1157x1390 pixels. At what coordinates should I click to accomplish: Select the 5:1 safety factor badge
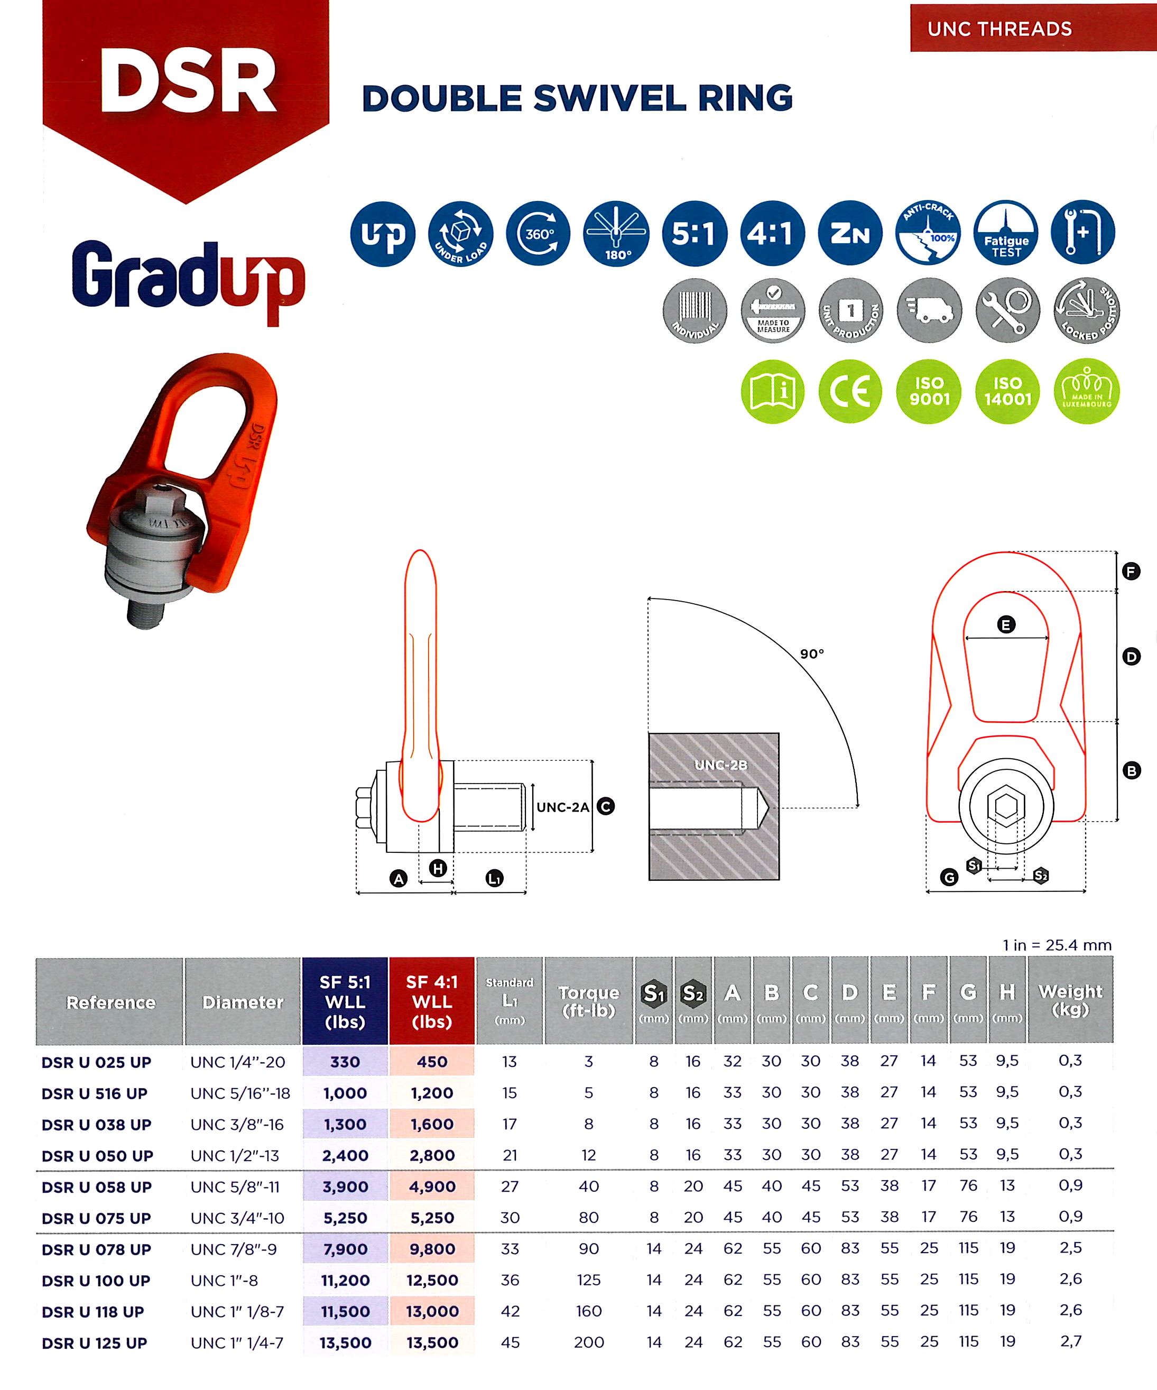pyautogui.click(x=694, y=233)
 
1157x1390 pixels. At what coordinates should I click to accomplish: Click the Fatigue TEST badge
pyautogui.click(x=1006, y=233)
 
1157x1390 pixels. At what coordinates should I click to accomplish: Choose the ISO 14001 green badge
pyautogui.click(x=1007, y=391)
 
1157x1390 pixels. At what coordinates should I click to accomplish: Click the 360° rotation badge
pyautogui.click(x=538, y=233)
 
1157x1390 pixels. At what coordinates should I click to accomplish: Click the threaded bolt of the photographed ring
pyautogui.click(x=145, y=612)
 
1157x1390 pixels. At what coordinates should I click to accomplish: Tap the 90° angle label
pyautogui.click(x=812, y=654)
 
